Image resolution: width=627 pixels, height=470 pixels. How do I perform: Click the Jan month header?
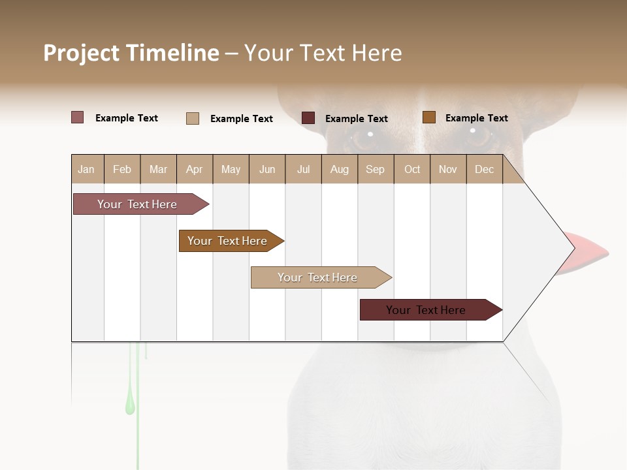[86, 170]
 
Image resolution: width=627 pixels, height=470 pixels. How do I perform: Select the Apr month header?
[195, 170]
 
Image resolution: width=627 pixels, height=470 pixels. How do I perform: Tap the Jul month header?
[303, 170]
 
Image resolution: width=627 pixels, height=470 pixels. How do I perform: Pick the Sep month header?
[375, 170]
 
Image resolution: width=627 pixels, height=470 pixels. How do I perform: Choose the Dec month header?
[484, 170]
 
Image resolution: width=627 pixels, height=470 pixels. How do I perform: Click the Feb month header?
[122, 170]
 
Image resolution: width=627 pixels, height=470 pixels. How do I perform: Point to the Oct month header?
[412, 170]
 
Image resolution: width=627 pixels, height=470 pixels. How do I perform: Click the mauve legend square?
[78, 117]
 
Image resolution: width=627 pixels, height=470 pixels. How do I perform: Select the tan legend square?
[193, 118]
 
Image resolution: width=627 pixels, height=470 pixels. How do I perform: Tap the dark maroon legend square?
[308, 118]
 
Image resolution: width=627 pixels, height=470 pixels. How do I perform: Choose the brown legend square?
[429, 117]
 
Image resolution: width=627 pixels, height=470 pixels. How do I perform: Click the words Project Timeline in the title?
[131, 53]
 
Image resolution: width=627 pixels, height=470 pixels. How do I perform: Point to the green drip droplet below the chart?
[130, 405]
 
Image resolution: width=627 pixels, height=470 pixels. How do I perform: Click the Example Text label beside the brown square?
[476, 118]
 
